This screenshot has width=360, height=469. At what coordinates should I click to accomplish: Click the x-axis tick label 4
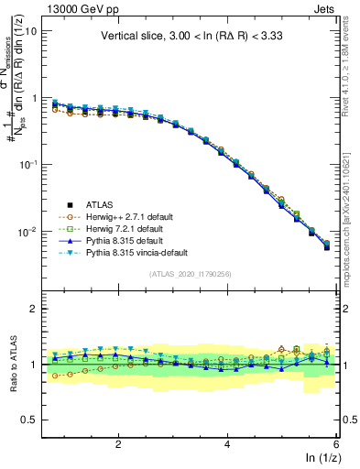pos(226,443)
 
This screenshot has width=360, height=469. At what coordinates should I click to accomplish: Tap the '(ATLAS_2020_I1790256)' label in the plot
pos(191,274)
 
